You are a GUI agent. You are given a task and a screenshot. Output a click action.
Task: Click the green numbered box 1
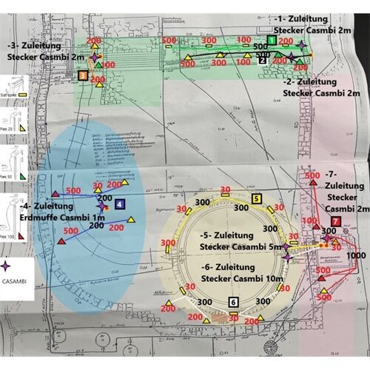[272, 40]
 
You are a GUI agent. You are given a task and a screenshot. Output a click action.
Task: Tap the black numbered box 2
[262, 61]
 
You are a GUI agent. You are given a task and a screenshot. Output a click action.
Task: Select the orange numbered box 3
[82, 75]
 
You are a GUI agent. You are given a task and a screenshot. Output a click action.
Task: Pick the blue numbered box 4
[120, 203]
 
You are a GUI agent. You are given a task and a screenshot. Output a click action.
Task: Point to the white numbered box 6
[234, 301]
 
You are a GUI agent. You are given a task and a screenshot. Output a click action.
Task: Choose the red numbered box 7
[336, 221]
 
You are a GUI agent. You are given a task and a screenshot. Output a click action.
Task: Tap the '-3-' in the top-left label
[21, 44]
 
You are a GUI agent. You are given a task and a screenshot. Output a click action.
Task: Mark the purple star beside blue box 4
[103, 208]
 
